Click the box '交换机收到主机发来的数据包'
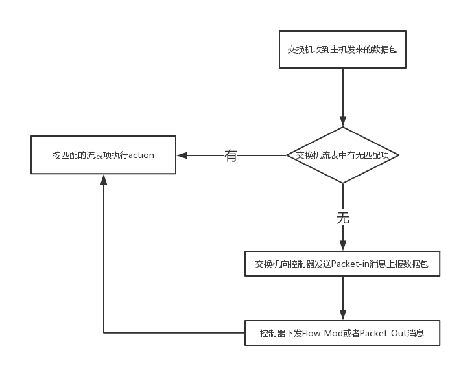[x=342, y=49]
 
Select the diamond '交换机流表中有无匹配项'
[x=342, y=155]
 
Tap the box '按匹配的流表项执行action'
[x=103, y=155]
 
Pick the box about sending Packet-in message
[x=342, y=264]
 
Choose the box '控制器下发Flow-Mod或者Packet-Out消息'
[x=342, y=334]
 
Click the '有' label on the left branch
[x=231, y=155]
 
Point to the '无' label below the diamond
[x=343, y=218]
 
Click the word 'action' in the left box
[x=141, y=155]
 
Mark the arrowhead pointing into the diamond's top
[x=343, y=122]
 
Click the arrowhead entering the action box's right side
[x=181, y=155]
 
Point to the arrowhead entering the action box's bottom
[x=104, y=179]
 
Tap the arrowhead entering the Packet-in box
[x=343, y=246]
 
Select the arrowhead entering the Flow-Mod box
[x=343, y=315]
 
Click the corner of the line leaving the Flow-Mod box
[x=104, y=333]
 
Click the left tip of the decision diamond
[x=288, y=155]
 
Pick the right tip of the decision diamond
[x=398, y=155]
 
